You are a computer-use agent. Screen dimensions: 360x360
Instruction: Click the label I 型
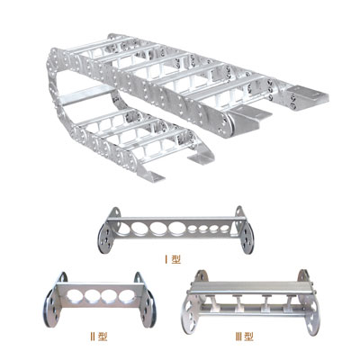pos(173,259)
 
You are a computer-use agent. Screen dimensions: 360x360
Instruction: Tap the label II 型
pos(98,337)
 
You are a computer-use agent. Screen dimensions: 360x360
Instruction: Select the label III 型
pos(244,337)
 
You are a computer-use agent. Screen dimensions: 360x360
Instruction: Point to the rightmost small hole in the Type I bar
pos(224,229)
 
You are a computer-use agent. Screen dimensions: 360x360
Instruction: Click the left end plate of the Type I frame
pos(105,236)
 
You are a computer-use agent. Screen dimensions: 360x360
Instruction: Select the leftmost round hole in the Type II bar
pos(76,295)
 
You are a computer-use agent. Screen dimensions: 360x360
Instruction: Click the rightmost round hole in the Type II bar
pos(125,296)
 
